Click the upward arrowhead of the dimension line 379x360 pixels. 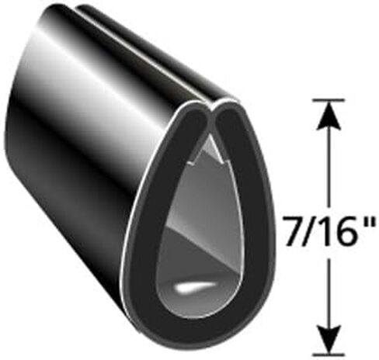(329, 114)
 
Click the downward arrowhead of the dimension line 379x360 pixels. (329, 339)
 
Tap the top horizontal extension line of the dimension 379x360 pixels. (329, 99)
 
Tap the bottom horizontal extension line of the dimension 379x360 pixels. (329, 354)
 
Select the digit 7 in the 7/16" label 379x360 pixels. (293, 231)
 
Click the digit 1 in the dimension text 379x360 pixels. (325, 231)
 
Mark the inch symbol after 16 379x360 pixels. (367, 222)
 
